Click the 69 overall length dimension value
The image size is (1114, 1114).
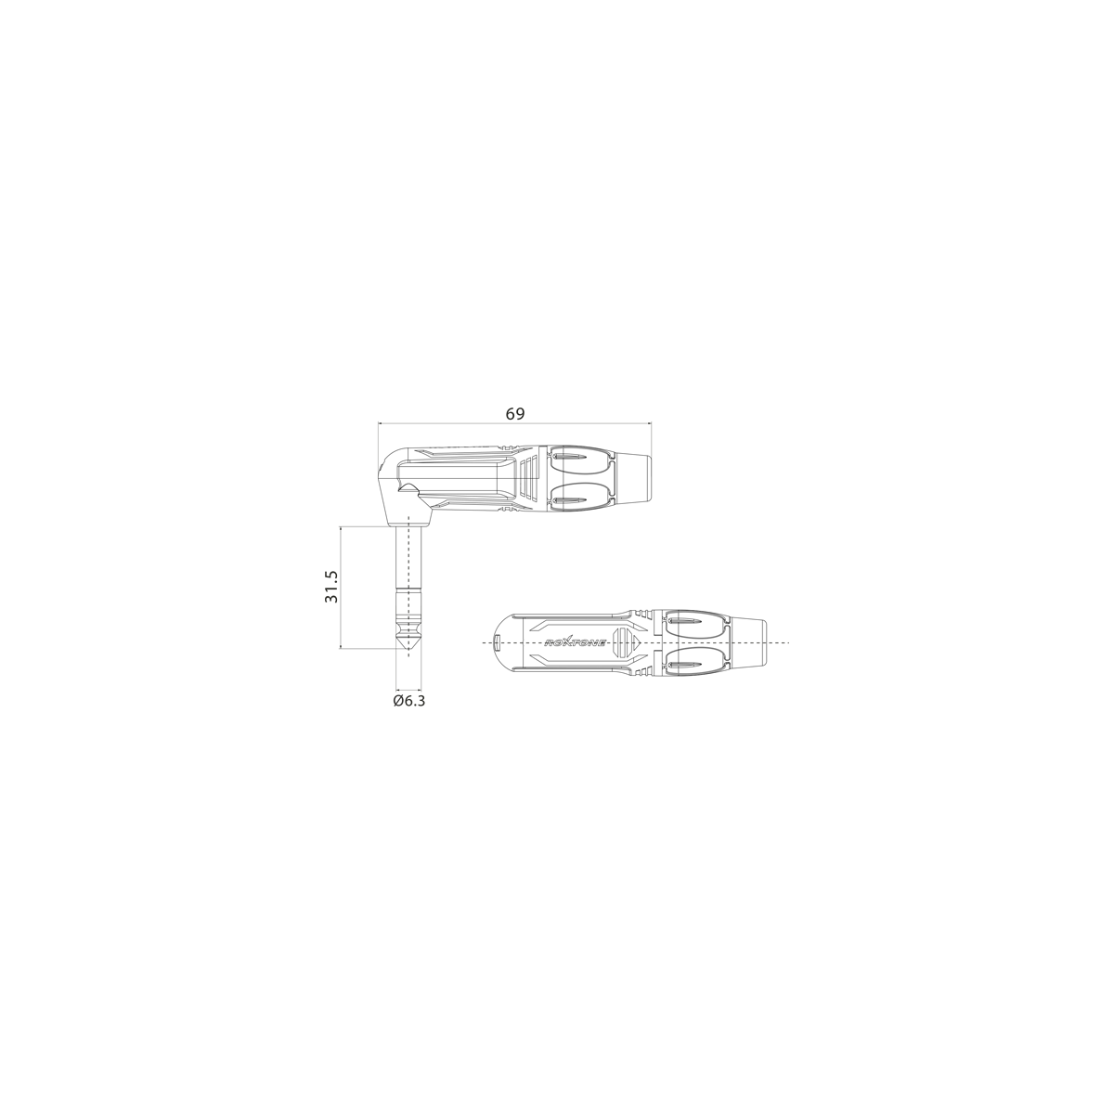515,414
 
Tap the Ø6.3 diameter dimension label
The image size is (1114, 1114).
408,701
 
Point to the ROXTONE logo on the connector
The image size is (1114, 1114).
576,642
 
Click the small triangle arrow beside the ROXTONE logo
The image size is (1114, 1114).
635,642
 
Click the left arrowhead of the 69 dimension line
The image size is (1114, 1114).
381,423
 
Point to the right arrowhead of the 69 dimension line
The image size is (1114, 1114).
649,423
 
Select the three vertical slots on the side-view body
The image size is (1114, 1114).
529,477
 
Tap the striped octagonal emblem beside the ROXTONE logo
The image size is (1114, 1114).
621,642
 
